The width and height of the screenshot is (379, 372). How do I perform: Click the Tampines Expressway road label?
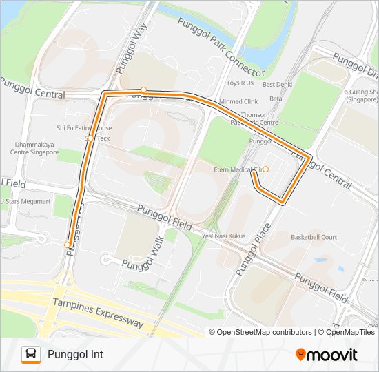click(x=98, y=313)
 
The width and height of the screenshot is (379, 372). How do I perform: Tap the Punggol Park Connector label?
click(x=221, y=46)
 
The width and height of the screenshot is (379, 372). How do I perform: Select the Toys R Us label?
click(x=240, y=83)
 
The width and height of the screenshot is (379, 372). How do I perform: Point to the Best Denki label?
click(x=278, y=85)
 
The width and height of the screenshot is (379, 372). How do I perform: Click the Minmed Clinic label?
click(x=239, y=101)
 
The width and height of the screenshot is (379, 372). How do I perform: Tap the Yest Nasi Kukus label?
click(x=224, y=235)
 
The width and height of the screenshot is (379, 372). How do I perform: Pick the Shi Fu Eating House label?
click(x=84, y=128)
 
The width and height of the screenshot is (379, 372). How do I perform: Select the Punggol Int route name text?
click(x=75, y=354)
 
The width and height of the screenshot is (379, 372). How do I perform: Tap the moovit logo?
click(x=327, y=355)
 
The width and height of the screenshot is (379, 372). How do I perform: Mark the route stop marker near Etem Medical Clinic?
click(x=266, y=169)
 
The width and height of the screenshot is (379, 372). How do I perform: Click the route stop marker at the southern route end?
click(x=67, y=245)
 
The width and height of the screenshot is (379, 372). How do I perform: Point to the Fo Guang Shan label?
click(x=360, y=95)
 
